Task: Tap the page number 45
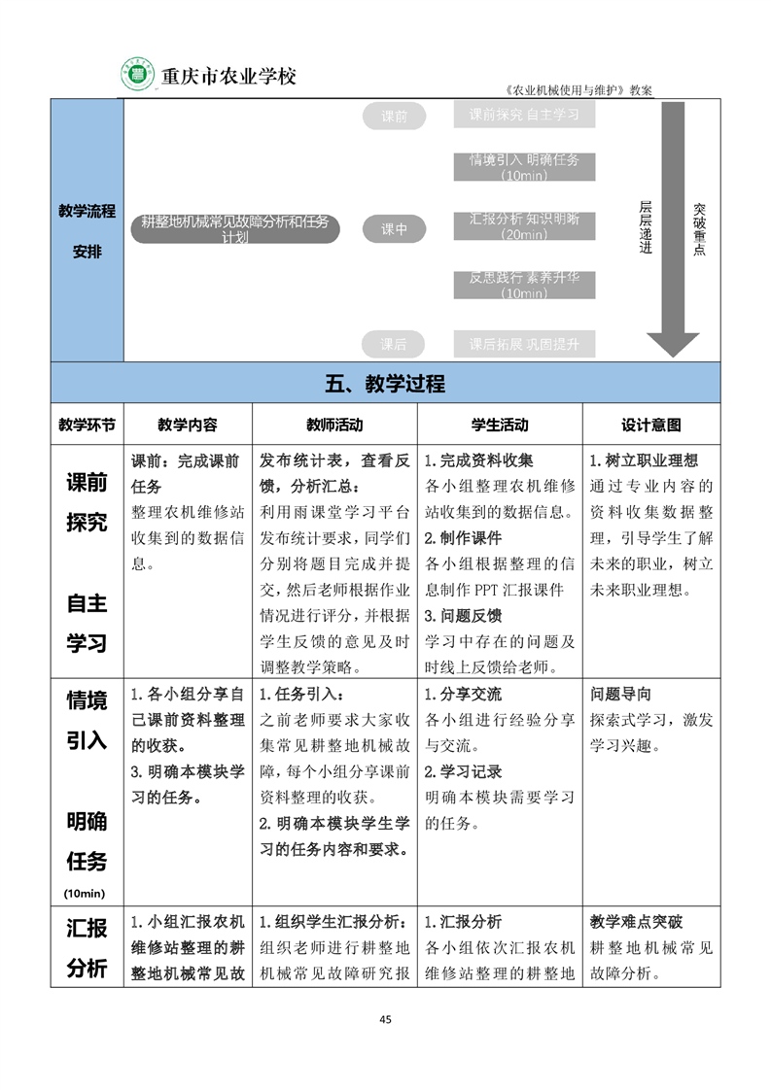(385, 1019)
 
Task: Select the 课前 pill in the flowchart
(394, 117)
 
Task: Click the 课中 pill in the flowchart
(394, 229)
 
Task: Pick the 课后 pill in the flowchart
(394, 344)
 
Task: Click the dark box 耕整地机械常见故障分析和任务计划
(235, 229)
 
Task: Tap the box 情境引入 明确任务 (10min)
(524, 166)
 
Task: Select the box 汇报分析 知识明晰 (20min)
(524, 225)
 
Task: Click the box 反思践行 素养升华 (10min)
(524, 285)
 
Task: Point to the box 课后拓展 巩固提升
(524, 344)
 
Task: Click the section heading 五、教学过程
(385, 384)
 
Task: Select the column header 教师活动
(334, 425)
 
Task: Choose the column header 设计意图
(650, 425)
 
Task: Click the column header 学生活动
(500, 425)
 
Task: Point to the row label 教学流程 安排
(87, 230)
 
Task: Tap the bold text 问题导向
(621, 694)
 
